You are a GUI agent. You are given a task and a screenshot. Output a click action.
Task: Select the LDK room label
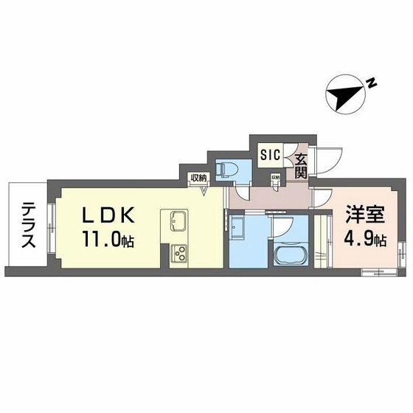(107, 215)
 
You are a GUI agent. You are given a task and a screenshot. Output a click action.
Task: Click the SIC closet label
(270, 155)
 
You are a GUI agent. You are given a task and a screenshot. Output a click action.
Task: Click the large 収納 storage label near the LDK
(197, 177)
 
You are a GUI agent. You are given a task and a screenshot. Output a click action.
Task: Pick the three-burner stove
(179, 254)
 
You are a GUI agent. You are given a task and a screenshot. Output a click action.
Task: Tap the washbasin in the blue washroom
(238, 229)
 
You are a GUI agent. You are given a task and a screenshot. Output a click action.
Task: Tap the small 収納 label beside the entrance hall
(275, 178)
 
